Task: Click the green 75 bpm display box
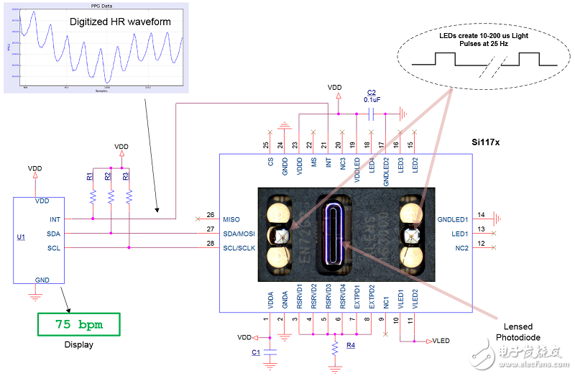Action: click(x=79, y=324)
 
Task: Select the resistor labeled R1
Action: click(x=93, y=196)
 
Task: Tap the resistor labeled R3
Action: click(x=129, y=196)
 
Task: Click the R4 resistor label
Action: click(x=351, y=347)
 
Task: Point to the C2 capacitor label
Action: click(x=371, y=92)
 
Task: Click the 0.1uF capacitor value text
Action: click(x=372, y=100)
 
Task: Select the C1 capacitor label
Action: click(x=256, y=352)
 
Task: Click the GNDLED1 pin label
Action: click(x=453, y=219)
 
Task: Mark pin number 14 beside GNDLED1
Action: click(x=480, y=214)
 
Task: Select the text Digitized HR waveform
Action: click(x=120, y=22)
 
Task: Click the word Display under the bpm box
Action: click(x=79, y=344)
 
